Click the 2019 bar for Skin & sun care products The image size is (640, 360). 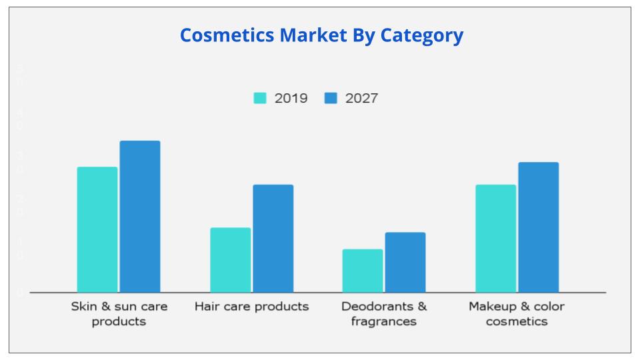[x=97, y=229]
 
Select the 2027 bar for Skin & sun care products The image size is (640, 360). [x=140, y=216]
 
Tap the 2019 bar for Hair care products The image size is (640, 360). [x=231, y=260]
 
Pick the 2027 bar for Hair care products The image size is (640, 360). [x=273, y=238]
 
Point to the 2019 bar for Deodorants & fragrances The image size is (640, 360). [x=363, y=271]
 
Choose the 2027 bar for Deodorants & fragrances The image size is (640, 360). [x=405, y=262]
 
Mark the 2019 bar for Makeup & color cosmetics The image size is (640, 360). [x=495, y=238]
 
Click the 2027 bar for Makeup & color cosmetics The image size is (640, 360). [x=539, y=227]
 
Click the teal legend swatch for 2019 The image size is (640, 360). [x=260, y=98]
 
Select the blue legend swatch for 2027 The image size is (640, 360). [x=331, y=98]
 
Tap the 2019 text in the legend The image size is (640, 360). [x=291, y=99]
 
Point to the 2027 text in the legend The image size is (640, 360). [x=362, y=99]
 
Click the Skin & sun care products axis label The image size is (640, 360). [x=119, y=314]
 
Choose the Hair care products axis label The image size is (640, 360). [x=252, y=307]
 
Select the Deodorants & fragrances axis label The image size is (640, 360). [x=384, y=314]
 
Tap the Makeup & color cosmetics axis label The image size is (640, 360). [x=517, y=314]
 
